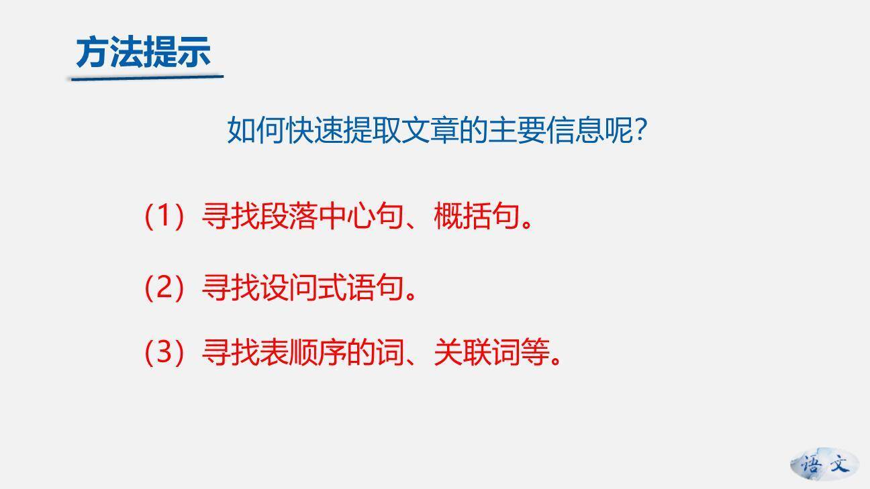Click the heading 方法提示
[143, 52]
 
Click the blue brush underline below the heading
[145, 78]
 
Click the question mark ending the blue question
[640, 130]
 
